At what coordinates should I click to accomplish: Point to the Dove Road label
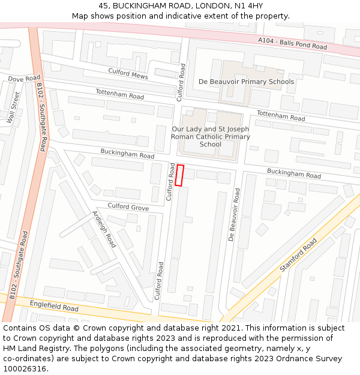24,79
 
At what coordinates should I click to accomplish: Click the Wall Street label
13,107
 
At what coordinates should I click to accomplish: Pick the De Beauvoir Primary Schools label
246,82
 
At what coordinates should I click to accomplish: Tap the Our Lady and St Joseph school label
211,137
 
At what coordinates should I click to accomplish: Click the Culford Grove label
128,206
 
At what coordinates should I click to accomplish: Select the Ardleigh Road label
104,229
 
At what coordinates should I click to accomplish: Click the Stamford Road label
298,255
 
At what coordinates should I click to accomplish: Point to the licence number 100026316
26,368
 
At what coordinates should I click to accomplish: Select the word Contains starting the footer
19,328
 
